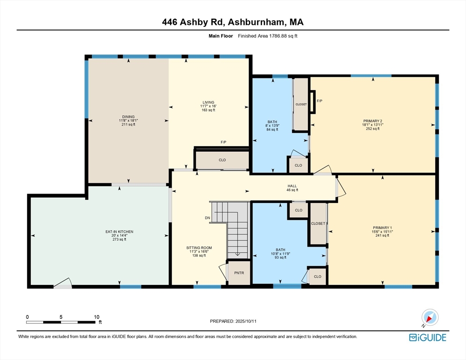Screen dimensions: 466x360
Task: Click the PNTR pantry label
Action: coord(239,273)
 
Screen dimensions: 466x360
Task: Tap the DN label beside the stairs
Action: coord(207,218)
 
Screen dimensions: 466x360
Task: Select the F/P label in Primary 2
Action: coord(319,101)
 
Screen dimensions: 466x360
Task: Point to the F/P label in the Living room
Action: coord(224,142)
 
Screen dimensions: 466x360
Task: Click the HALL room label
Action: coord(292,186)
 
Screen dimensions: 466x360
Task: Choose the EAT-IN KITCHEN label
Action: coord(120,232)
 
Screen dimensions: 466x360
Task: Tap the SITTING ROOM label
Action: coord(199,247)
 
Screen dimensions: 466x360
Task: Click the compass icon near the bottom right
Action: coord(430,317)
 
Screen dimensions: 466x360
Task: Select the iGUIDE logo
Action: coord(428,337)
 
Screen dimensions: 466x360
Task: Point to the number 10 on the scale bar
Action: coord(97,317)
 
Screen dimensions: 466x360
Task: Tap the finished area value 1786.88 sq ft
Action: coord(283,36)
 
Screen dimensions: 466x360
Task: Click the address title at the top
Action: coord(233,22)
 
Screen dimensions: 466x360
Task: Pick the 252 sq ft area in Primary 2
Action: coord(373,129)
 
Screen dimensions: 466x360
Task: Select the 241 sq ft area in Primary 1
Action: coord(382,235)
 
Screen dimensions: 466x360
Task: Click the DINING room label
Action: coord(128,117)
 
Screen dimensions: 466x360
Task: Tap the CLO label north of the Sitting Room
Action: coord(222,160)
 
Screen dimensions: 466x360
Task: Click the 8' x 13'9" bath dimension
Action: coord(272,126)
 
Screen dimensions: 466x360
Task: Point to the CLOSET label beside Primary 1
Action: coord(318,224)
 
